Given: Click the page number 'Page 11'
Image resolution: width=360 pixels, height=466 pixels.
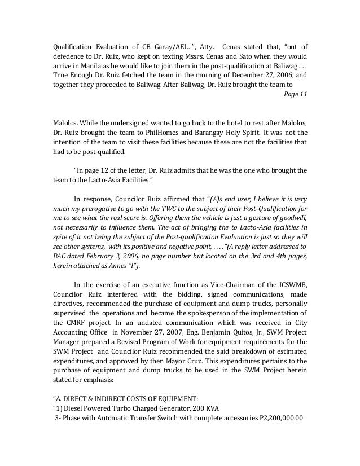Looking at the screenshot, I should click(x=295, y=94).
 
